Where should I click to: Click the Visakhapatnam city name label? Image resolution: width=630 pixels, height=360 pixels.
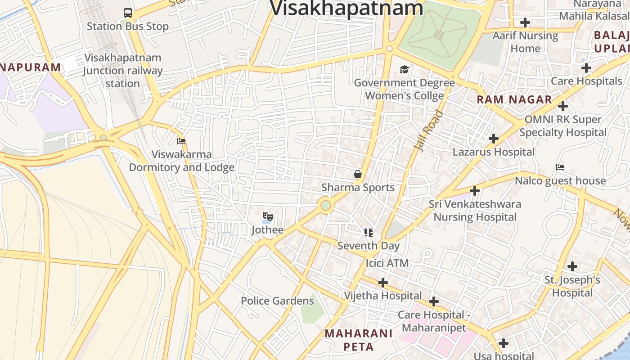pos(346,8)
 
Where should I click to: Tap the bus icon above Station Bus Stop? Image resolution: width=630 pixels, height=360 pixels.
pos(128,13)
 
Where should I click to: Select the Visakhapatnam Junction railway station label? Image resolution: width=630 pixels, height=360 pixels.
pos(123,71)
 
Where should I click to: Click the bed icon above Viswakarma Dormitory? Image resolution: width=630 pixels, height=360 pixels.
pos(181,141)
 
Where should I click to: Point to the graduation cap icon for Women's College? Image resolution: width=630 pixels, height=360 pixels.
pos(404,70)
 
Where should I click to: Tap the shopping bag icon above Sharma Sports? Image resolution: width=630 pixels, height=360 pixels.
pos(358,174)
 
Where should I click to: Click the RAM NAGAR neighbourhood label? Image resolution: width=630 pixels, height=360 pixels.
pos(514,100)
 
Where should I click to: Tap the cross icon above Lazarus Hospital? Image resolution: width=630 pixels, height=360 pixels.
pos(494,139)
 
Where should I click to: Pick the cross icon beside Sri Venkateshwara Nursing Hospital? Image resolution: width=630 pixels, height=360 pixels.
pos(475,191)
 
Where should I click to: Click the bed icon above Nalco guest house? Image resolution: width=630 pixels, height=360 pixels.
pos(560,167)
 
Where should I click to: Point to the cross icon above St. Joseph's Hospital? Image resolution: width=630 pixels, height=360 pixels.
pos(572,266)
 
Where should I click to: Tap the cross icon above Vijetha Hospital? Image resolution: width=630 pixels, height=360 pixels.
pos(383,283)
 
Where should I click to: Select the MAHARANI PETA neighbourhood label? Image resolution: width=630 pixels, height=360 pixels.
pos(359,340)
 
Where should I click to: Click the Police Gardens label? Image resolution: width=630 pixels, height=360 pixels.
pos(277,301)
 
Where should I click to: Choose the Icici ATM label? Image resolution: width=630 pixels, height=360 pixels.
pos(387,263)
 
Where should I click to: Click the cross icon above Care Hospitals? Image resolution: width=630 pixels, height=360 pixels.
pos(586,68)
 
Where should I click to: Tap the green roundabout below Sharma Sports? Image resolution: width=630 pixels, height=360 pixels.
pos(326,206)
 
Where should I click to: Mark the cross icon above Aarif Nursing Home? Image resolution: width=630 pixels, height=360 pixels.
pos(525,22)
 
